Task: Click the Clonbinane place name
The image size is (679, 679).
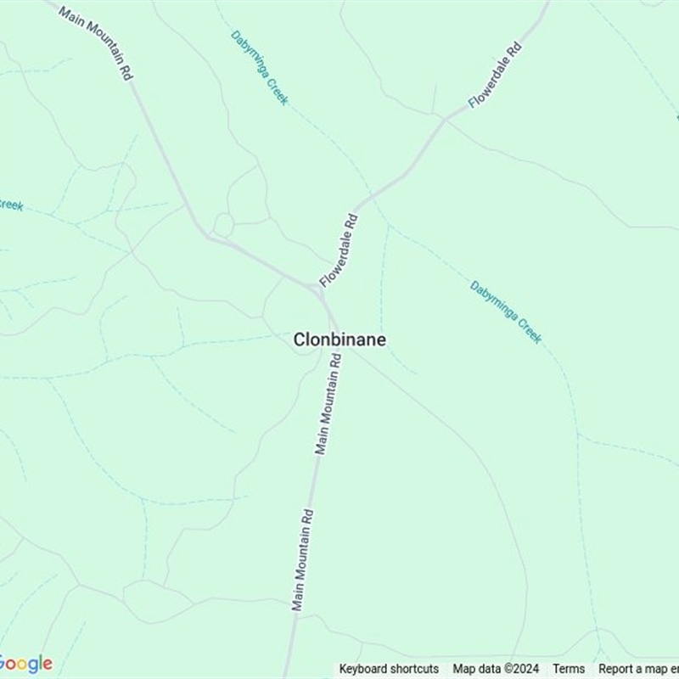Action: click(339, 339)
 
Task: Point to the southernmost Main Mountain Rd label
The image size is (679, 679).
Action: click(303, 560)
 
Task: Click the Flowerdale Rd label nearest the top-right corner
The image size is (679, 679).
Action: click(495, 75)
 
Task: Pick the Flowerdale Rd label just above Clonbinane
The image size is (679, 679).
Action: click(339, 250)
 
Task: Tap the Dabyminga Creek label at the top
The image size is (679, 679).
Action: click(260, 68)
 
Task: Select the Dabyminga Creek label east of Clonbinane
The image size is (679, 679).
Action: click(506, 311)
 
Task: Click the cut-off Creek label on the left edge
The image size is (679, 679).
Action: click(10, 205)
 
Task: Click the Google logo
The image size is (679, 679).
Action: click(25, 664)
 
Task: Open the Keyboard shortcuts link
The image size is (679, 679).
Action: click(389, 669)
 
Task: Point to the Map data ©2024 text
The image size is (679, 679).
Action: click(496, 669)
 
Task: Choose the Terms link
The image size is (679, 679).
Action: click(569, 669)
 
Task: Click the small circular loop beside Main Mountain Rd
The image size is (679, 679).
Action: click(223, 225)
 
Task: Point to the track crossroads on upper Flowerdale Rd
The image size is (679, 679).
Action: click(445, 119)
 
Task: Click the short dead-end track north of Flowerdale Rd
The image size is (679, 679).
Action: click(434, 98)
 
